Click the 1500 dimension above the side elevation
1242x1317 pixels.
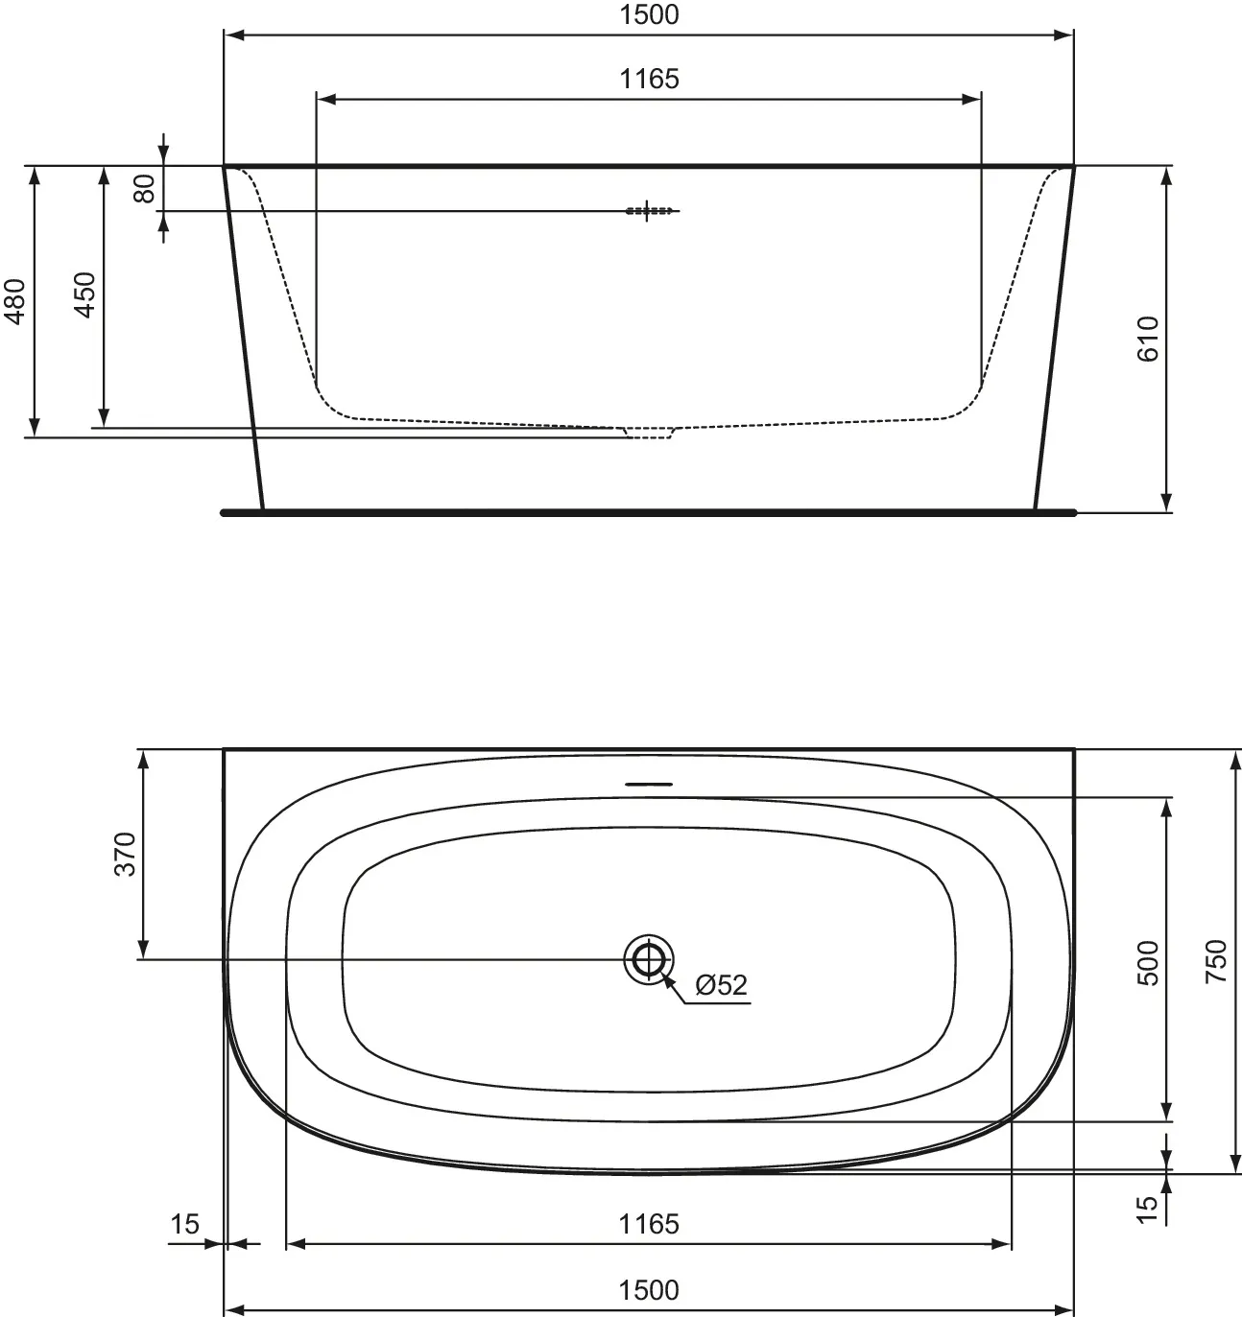(649, 15)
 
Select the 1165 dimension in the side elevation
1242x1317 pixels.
(649, 80)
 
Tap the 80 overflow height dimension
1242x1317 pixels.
(145, 188)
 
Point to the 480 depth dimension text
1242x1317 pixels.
(16, 301)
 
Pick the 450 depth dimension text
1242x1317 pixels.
(84, 295)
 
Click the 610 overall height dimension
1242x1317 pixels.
(1149, 338)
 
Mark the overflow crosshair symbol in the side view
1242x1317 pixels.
(649, 210)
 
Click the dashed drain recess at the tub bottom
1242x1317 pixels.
(649, 433)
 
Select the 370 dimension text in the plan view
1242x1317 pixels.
(126, 855)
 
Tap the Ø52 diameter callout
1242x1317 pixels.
(720, 985)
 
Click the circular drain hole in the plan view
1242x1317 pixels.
(649, 958)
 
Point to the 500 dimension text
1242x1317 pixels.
(1149, 963)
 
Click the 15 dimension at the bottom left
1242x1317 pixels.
(184, 1224)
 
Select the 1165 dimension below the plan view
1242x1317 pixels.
(649, 1224)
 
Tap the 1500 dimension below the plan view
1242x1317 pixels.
(649, 1290)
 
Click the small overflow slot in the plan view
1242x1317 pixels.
(649, 784)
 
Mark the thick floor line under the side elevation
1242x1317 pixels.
(649, 512)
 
